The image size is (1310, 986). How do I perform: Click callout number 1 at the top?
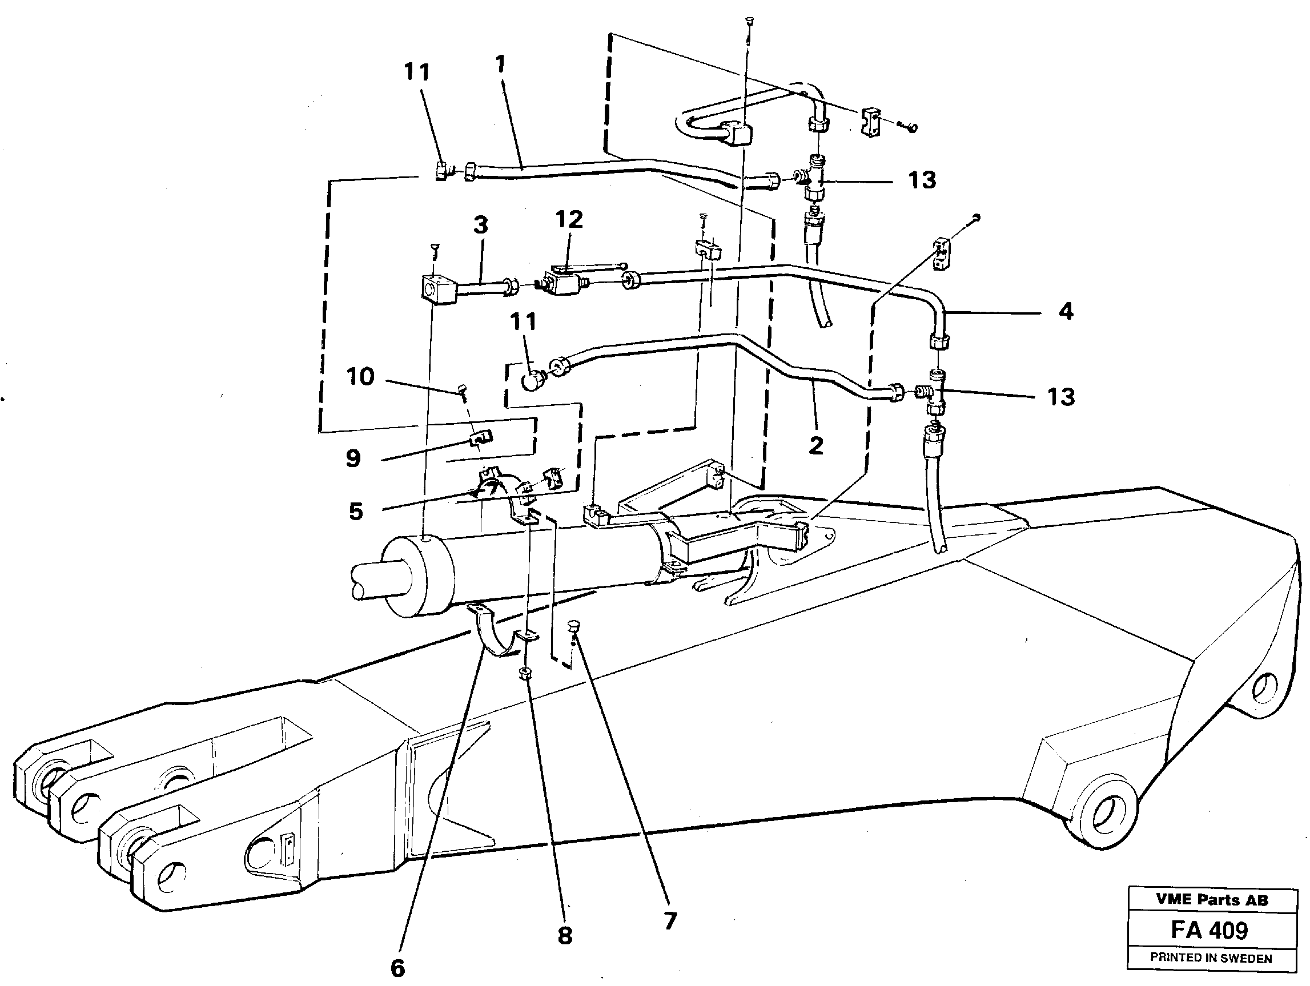pyautogui.click(x=500, y=64)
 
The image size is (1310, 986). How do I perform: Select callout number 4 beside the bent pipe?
pyautogui.click(x=1066, y=312)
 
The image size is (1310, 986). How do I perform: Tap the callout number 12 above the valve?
pyautogui.click(x=569, y=220)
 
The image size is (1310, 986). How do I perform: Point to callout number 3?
pyautogui.click(x=480, y=226)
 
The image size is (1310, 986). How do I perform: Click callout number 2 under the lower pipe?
pyautogui.click(x=815, y=446)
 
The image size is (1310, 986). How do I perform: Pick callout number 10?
pyautogui.click(x=360, y=377)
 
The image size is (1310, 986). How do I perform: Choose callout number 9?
pyautogui.click(x=353, y=458)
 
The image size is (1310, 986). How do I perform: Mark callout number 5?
pyautogui.click(x=355, y=512)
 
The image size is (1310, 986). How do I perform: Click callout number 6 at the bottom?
pyautogui.click(x=397, y=968)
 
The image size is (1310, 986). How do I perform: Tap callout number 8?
pyautogui.click(x=565, y=936)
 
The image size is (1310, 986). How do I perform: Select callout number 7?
pyautogui.click(x=670, y=921)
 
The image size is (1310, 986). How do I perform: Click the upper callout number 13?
pyautogui.click(x=922, y=180)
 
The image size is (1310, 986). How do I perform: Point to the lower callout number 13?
pyautogui.click(x=1060, y=397)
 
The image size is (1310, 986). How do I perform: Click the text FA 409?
pyautogui.click(x=1209, y=930)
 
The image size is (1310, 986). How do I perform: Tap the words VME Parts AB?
pyautogui.click(x=1212, y=900)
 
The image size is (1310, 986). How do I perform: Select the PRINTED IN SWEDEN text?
pyautogui.click(x=1211, y=957)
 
